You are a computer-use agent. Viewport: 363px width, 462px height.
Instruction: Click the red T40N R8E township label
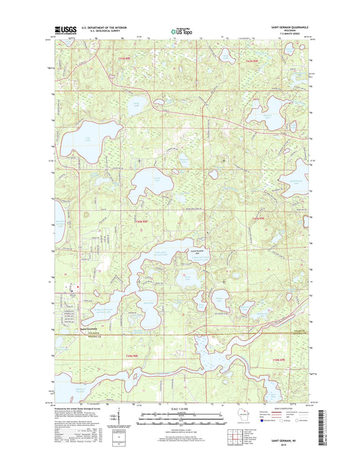point(142,221)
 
